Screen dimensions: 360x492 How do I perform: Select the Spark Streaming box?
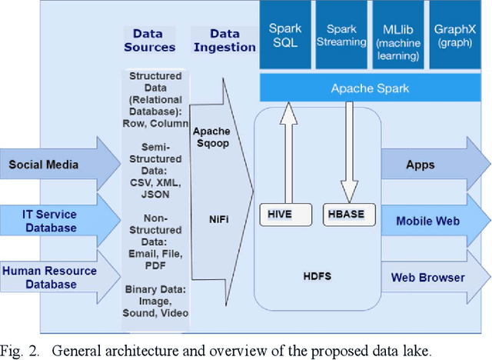pyautogui.click(x=342, y=35)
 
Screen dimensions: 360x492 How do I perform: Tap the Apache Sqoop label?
pyautogui.click(x=211, y=137)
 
